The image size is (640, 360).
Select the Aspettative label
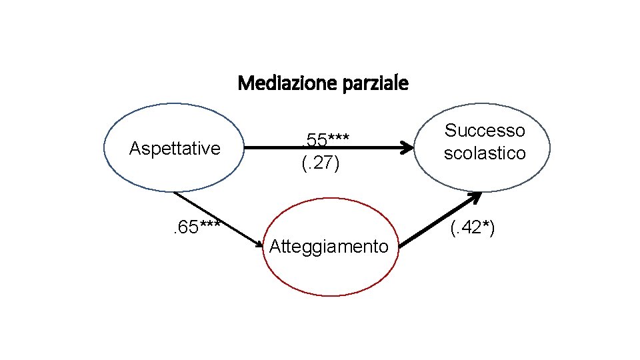[x=175, y=148]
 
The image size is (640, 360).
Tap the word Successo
[x=485, y=131]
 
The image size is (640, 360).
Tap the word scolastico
[x=485, y=153]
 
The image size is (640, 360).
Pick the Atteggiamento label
[x=328, y=247]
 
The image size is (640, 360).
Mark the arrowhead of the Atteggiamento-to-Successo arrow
[x=475, y=197]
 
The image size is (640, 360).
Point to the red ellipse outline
[x=328, y=199]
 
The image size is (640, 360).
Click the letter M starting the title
[x=244, y=84]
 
